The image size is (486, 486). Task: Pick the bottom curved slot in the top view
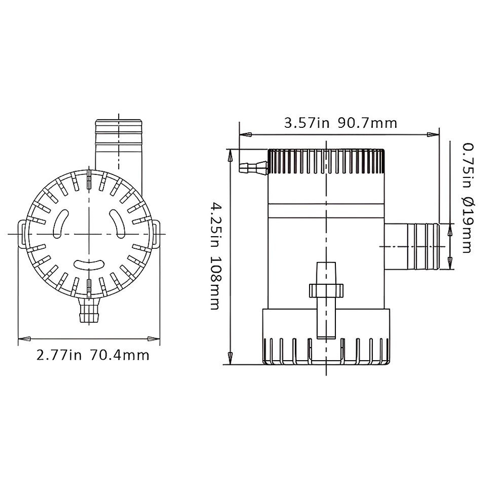[89, 264]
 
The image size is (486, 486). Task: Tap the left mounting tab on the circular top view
[22, 234]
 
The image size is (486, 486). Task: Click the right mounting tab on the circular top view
[156, 234]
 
